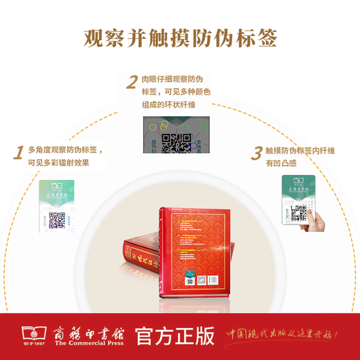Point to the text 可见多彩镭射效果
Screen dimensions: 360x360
point(58,163)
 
